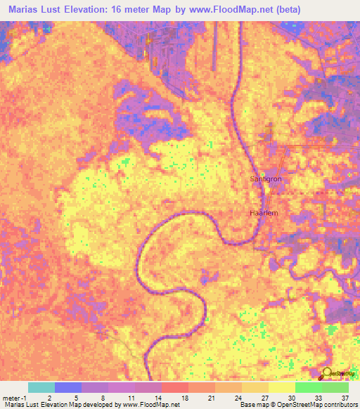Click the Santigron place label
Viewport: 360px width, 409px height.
(x=266, y=180)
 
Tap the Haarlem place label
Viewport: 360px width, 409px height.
(x=265, y=213)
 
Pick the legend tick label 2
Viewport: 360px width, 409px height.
(x=49, y=397)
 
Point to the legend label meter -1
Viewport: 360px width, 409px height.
(x=14, y=397)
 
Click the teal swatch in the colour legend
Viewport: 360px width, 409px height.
(x=41, y=387)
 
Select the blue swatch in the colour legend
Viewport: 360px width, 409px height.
(x=68, y=387)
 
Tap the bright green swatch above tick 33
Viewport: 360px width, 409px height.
(x=308, y=387)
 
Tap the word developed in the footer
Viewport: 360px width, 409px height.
(x=94, y=405)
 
